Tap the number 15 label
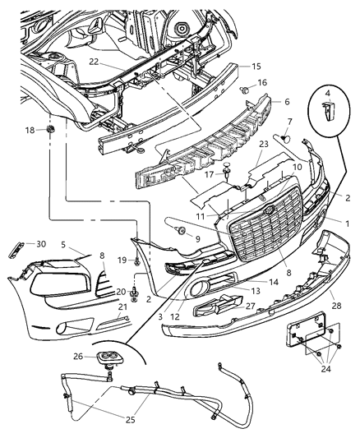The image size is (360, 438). (256, 66)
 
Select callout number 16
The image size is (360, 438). (262, 83)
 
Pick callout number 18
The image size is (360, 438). (29, 131)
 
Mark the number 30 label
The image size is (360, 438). (41, 243)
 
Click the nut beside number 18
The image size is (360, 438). (50, 130)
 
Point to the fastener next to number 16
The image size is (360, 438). (244, 86)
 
